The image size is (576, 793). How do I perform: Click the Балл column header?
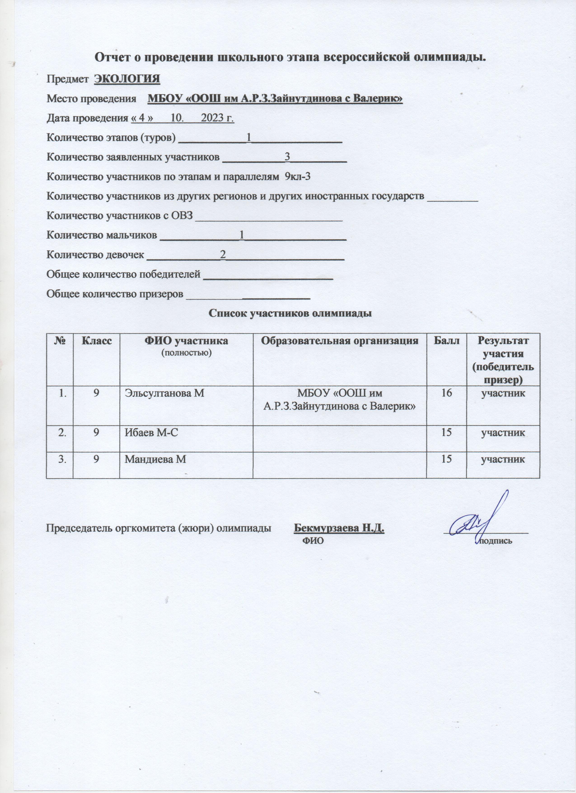[446, 340]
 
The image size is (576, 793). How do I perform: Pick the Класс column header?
[97, 340]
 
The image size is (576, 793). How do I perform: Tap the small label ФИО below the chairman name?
[312, 541]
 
